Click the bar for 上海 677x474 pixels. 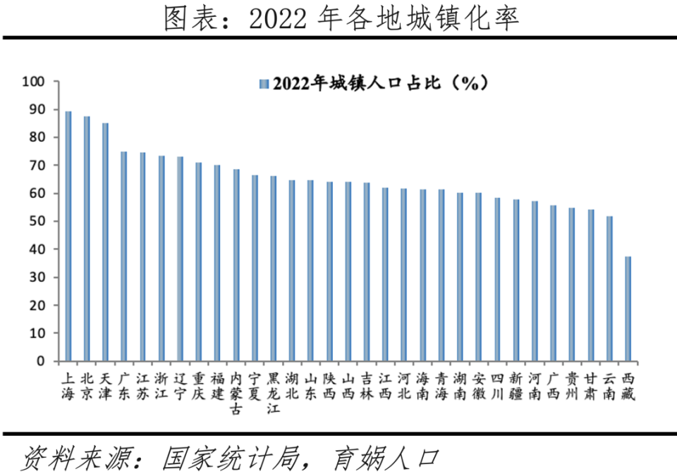(68, 236)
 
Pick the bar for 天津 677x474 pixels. (106, 242)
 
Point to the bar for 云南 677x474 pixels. (609, 289)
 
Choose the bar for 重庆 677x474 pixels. (199, 262)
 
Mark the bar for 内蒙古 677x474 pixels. (236, 265)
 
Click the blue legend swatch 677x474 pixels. (264, 84)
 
